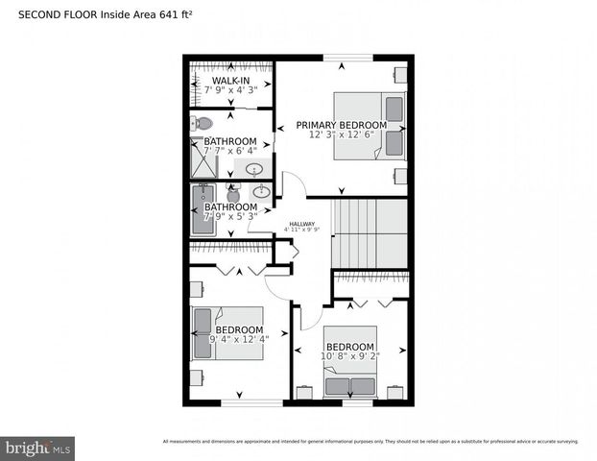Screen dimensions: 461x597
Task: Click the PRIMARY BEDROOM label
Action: (341, 125)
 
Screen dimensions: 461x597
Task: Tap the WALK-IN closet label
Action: (231, 80)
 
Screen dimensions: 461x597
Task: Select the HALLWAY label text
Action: (301, 224)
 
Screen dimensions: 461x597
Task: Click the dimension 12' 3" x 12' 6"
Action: (341, 135)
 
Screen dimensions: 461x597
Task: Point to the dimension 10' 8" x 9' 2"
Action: (349, 356)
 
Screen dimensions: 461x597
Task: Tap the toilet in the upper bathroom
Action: (202, 123)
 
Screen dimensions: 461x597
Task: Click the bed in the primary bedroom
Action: (370, 126)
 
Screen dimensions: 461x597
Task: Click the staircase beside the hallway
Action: (370, 233)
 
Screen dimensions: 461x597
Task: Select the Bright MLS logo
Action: (38, 448)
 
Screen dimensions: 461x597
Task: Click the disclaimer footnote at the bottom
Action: (370, 442)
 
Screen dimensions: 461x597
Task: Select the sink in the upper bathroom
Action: (255, 170)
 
